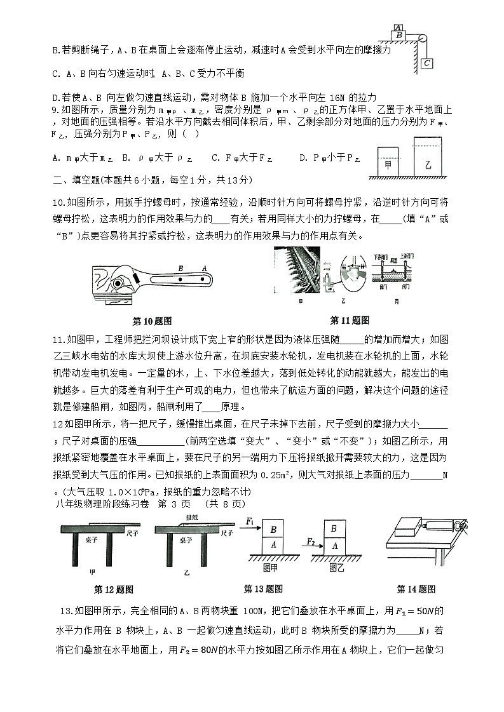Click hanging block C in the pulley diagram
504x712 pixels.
(426, 63)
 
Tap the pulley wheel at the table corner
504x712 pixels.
(421, 37)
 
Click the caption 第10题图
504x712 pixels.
(152, 320)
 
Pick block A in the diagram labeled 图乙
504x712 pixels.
(334, 546)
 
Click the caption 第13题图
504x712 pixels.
(263, 589)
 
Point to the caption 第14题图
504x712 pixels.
(416, 589)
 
